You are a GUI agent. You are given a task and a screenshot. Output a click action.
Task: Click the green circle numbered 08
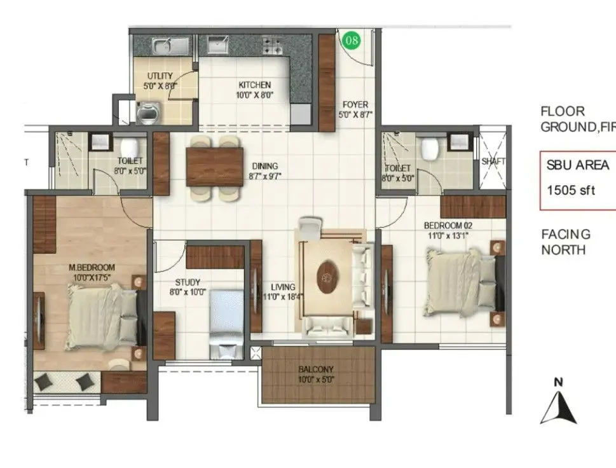(352, 41)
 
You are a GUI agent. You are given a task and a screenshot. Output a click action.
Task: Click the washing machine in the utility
(147, 113)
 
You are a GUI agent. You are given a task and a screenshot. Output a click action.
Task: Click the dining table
(215, 167)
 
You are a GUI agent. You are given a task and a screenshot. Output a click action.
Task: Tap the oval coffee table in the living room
(328, 279)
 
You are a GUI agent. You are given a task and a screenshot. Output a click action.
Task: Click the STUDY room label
(188, 282)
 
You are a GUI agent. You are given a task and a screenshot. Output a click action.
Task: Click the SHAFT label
(493, 162)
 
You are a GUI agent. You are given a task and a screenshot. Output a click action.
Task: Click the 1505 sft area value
(571, 189)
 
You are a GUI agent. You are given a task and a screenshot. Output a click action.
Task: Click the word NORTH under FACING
(563, 250)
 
